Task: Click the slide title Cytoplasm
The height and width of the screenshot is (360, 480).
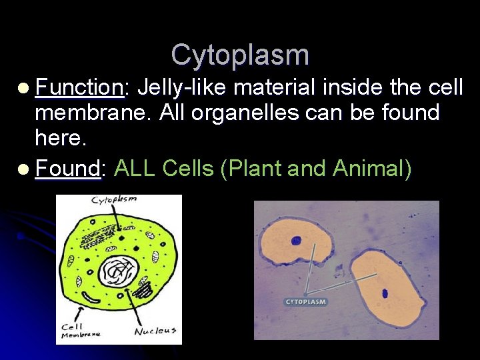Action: pyautogui.click(x=240, y=55)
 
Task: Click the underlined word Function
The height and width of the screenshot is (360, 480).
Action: pyautogui.click(x=79, y=87)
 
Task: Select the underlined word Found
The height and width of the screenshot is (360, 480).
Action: pyautogui.click(x=68, y=169)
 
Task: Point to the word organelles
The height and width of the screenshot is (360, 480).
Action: pyautogui.click(x=249, y=113)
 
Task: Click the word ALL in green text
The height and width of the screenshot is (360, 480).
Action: pyautogui.click(x=136, y=169)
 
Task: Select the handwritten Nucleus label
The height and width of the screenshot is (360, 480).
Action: pyautogui.click(x=155, y=331)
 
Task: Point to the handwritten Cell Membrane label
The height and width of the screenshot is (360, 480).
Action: pyautogui.click(x=79, y=331)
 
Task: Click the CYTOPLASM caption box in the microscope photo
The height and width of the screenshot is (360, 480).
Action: pyautogui.click(x=306, y=302)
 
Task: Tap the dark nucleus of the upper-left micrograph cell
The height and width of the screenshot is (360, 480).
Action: pyautogui.click(x=296, y=241)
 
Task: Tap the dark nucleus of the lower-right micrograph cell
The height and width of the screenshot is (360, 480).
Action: pyautogui.click(x=385, y=293)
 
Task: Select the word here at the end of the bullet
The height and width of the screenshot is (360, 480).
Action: pyautogui.click(x=59, y=139)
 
